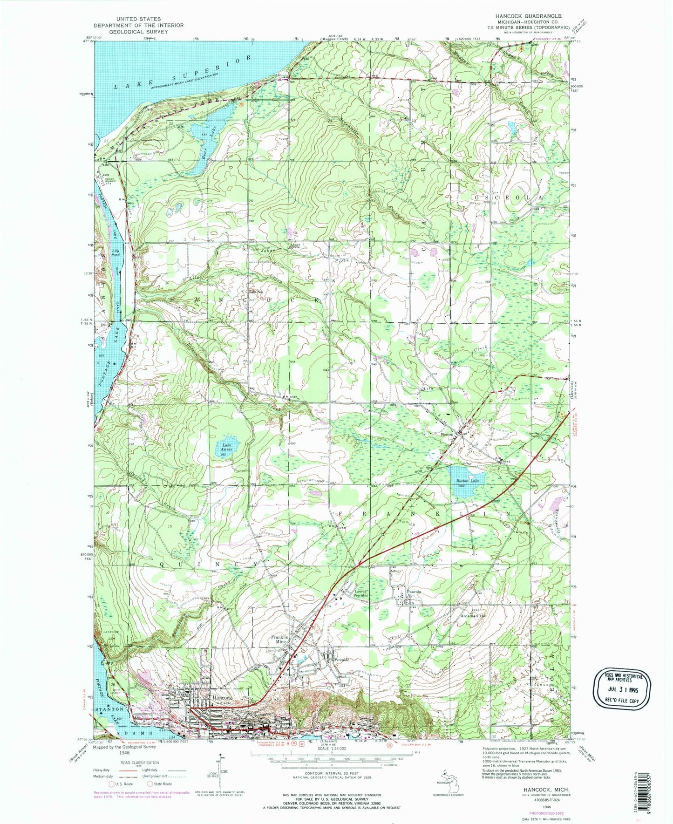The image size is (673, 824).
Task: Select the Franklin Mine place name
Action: [282, 639]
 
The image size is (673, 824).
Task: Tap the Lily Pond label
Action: [115, 253]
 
